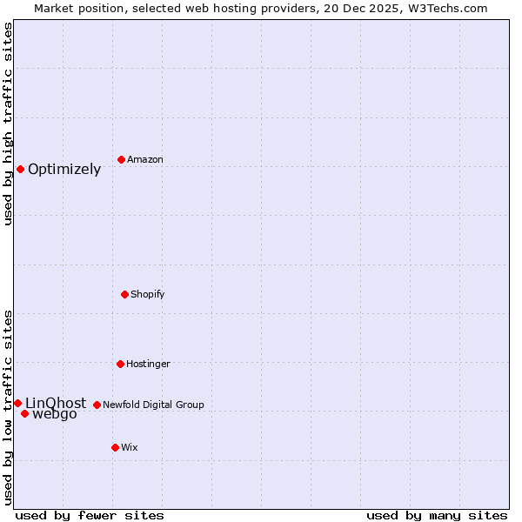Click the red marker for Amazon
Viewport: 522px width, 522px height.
click(x=121, y=159)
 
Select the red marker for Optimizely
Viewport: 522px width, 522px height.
click(x=20, y=169)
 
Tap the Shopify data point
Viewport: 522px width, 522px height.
click(x=124, y=294)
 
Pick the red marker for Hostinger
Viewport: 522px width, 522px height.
click(x=120, y=364)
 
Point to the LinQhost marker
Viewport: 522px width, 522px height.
click(x=17, y=403)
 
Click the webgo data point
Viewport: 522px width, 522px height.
click(x=24, y=413)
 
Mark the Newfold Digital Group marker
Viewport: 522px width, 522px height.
click(x=97, y=405)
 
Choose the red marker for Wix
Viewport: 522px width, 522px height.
click(x=115, y=447)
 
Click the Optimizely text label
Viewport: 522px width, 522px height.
click(x=64, y=170)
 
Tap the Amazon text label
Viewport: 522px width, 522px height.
click(x=145, y=160)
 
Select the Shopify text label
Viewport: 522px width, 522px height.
click(x=148, y=295)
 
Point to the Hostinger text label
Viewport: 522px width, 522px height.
click(x=148, y=365)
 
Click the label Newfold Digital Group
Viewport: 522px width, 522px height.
click(x=153, y=405)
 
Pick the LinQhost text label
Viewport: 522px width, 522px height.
click(x=56, y=403)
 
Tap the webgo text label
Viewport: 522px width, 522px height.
click(x=55, y=415)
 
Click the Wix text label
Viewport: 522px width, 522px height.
click(x=130, y=448)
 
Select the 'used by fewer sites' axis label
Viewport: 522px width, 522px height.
click(x=90, y=515)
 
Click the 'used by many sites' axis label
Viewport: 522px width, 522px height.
click(x=437, y=515)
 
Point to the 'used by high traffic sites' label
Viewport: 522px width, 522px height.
click(x=8, y=124)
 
